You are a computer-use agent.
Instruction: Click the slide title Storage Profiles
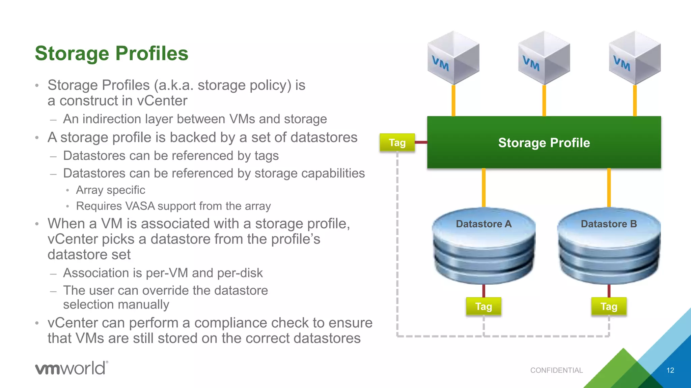(111, 53)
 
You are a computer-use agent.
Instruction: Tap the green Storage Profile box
(544, 142)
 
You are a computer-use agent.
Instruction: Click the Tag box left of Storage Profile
(397, 142)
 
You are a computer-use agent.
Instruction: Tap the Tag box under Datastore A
(483, 306)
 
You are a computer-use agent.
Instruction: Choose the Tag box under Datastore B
(609, 306)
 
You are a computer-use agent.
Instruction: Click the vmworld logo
(72, 368)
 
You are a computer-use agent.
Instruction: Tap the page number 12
(670, 370)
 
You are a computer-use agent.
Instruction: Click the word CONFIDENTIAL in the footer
(556, 370)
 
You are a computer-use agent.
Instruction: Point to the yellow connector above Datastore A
(483, 188)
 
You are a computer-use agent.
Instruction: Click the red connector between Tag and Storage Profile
(421, 142)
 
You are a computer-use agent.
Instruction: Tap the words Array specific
(110, 190)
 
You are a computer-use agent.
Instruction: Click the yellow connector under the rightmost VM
(635, 100)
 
